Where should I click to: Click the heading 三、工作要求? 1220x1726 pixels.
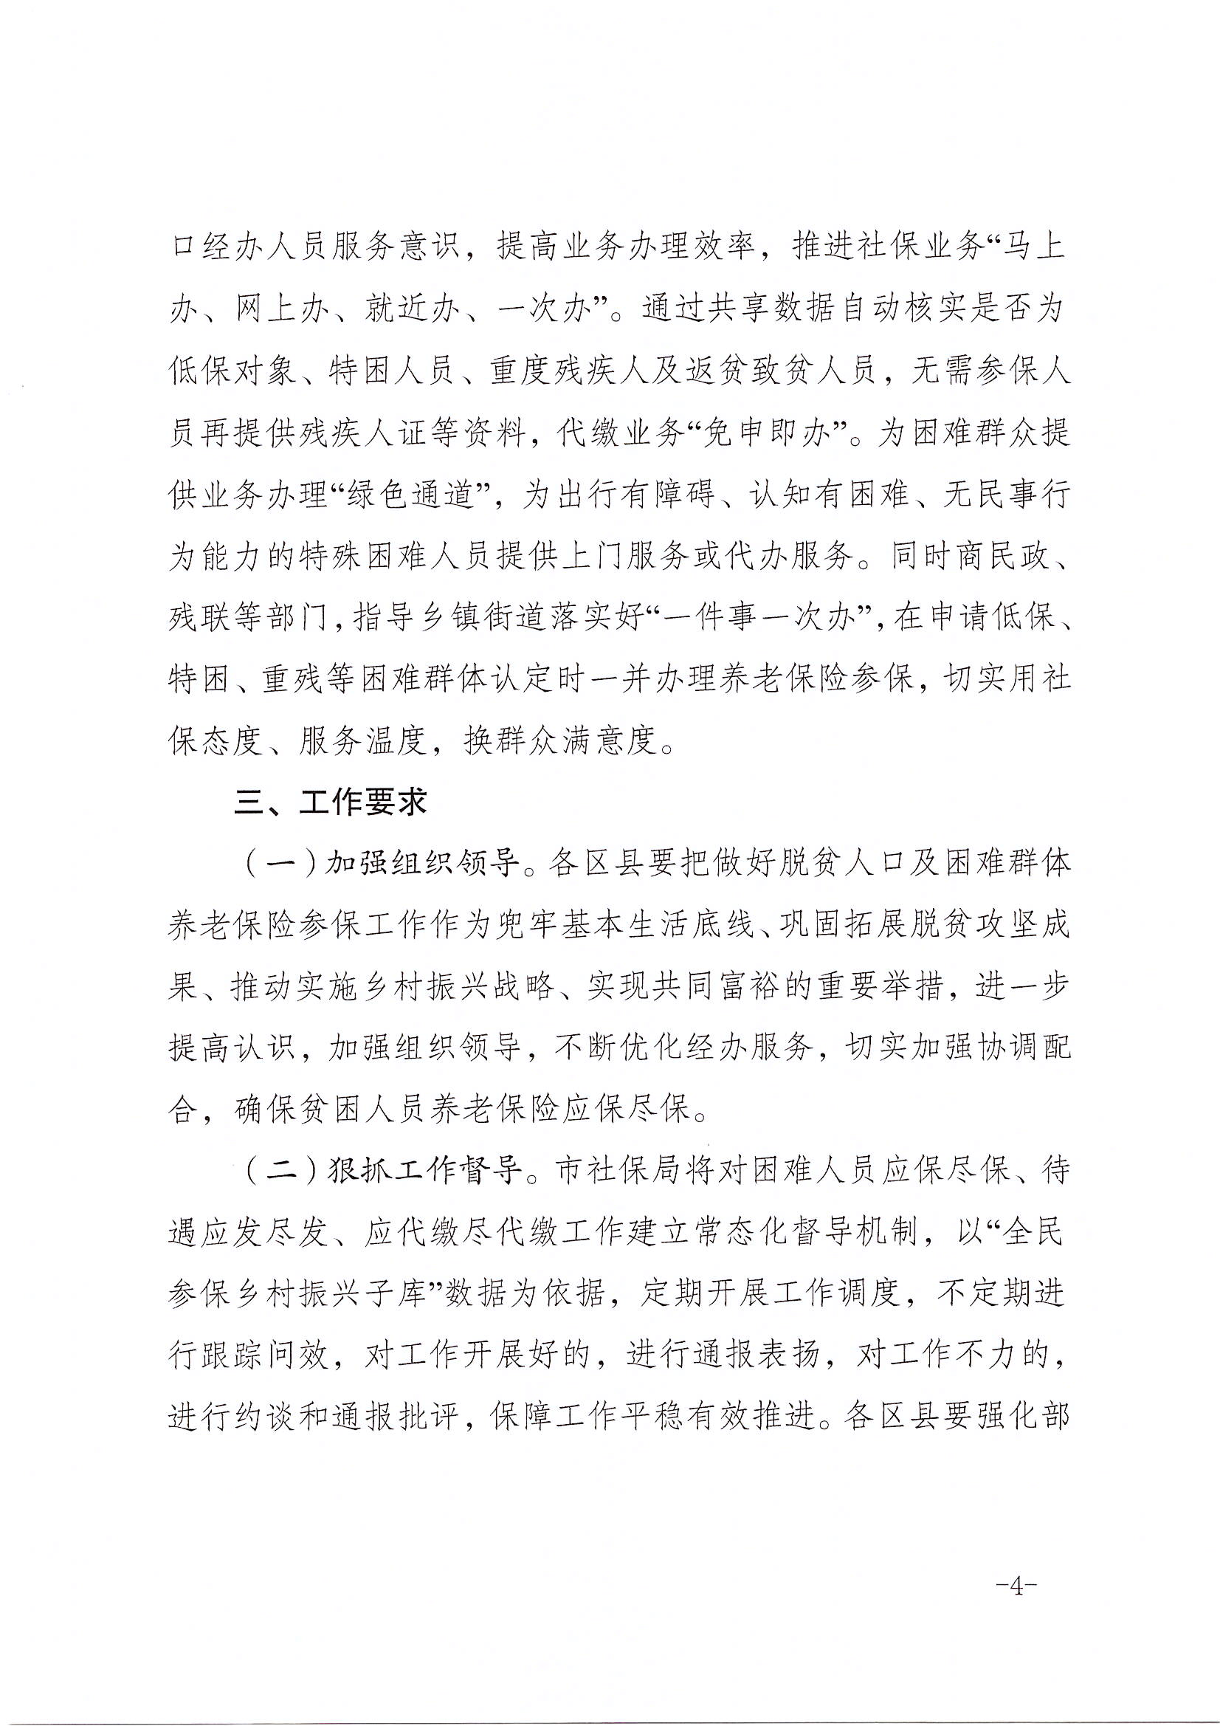click(x=331, y=804)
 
